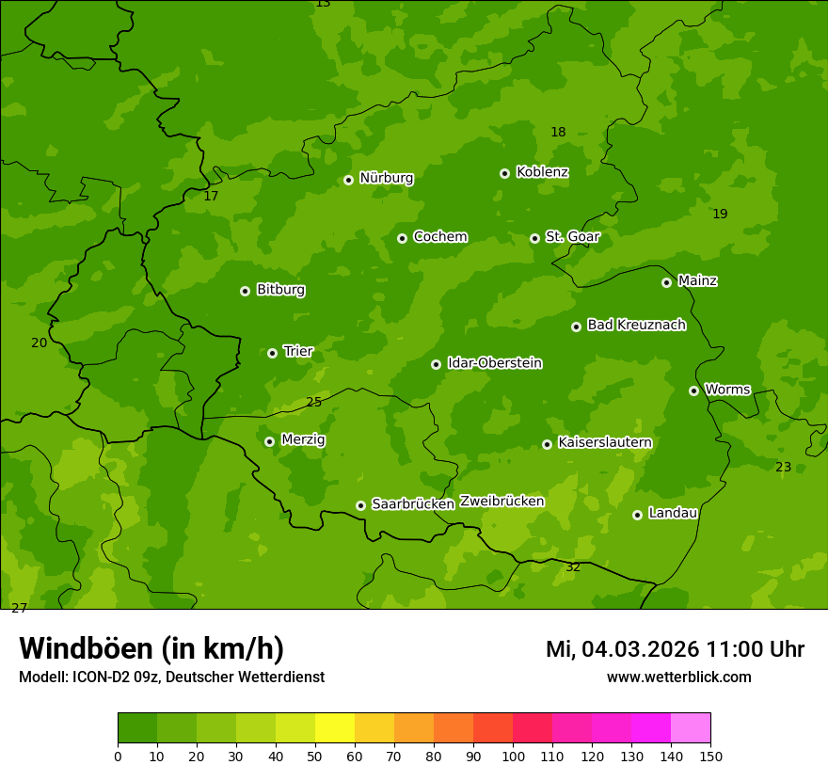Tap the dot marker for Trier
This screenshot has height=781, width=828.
(x=272, y=353)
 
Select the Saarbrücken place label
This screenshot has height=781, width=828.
(x=413, y=504)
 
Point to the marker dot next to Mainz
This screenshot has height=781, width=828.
(x=666, y=282)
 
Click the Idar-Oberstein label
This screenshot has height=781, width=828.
(x=494, y=363)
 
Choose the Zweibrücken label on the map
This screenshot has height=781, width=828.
(x=502, y=502)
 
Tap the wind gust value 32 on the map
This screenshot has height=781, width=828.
(x=573, y=567)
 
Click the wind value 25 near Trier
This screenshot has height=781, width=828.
(x=314, y=403)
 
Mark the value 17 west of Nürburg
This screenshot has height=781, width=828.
(x=211, y=197)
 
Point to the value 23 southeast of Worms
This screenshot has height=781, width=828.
(x=783, y=468)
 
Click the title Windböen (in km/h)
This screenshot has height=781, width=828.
(x=151, y=649)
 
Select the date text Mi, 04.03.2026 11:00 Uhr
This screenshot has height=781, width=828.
(x=675, y=649)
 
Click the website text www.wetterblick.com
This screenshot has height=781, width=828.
(x=678, y=677)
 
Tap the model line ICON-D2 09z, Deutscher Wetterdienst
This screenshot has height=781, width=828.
(x=171, y=677)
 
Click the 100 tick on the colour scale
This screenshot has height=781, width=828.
(x=513, y=756)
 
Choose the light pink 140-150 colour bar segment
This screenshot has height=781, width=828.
(x=691, y=728)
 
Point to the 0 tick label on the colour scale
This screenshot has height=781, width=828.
(x=118, y=756)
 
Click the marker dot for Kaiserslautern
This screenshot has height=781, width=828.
(x=547, y=444)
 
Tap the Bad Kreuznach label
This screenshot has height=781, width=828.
(x=636, y=326)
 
